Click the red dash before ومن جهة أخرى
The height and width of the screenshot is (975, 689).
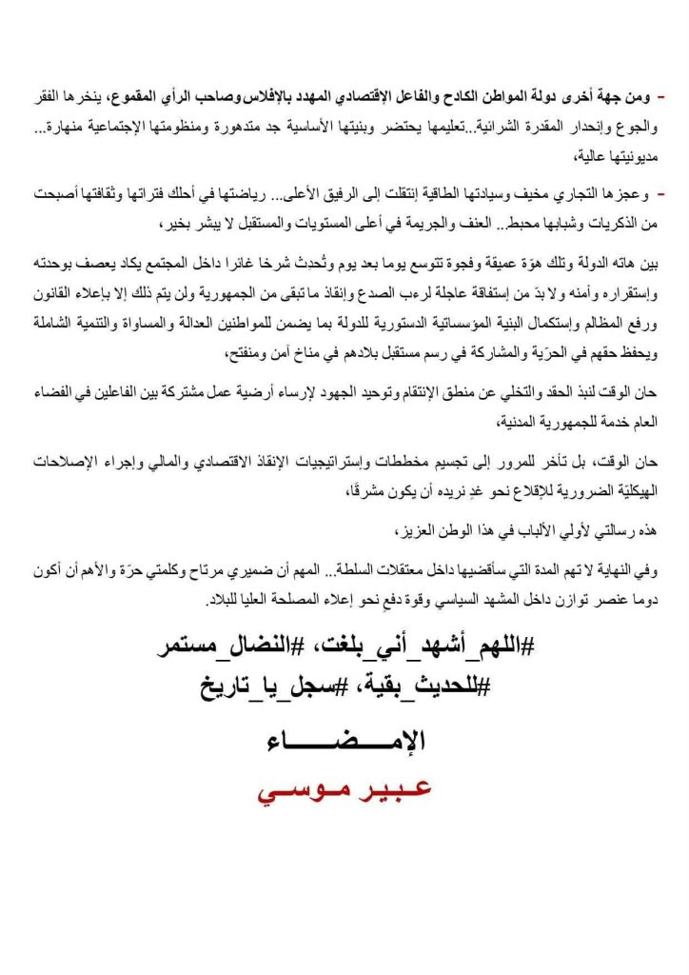coord(660,99)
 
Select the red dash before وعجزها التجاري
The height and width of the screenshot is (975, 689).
coord(660,194)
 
